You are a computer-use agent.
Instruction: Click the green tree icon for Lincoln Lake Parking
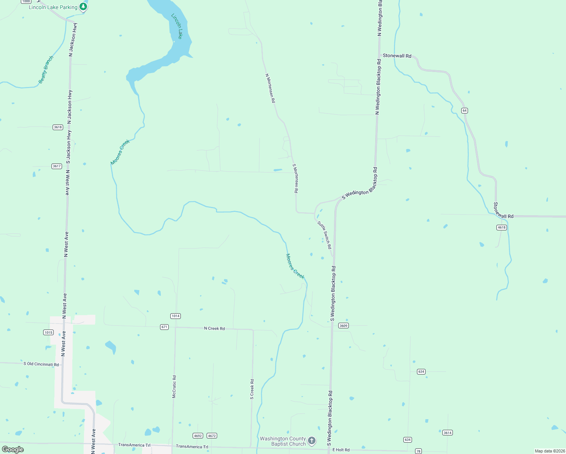83,6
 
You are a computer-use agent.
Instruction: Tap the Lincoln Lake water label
177,26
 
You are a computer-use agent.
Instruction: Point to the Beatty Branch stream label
46,70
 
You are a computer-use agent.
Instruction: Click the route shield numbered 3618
58,127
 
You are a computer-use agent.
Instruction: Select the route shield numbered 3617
57,166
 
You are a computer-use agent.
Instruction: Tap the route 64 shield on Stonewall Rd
465,110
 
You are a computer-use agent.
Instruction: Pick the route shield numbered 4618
501,227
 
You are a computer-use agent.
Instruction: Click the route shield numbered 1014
176,316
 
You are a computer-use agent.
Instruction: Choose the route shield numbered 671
164,327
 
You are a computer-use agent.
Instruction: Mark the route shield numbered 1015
48,333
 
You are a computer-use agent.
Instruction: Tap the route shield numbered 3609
343,325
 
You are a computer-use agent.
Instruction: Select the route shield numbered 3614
448,432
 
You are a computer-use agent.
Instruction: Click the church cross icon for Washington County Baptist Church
312,440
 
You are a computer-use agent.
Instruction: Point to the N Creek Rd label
215,328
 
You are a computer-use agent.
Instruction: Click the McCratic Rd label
174,387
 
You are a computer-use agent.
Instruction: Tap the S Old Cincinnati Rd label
41,364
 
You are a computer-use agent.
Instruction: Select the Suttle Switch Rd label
325,235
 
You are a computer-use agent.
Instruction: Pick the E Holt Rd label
341,450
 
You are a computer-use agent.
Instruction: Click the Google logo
13,449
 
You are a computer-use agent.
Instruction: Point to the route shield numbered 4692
197,436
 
